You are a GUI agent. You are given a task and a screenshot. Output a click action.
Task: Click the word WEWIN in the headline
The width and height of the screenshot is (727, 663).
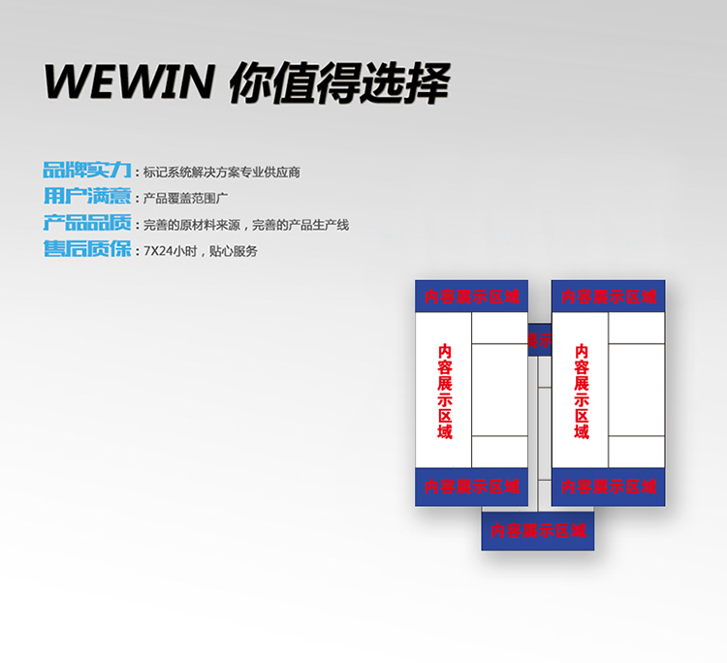[128, 83]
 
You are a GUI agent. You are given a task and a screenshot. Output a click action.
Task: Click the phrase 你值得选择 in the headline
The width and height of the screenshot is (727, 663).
[339, 83]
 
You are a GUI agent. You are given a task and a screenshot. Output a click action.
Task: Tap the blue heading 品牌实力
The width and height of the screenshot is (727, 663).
[86, 171]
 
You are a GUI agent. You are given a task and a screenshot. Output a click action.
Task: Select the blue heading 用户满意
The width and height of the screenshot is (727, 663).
[86, 197]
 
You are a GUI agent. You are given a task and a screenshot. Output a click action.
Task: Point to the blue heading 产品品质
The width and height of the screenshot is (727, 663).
[86, 223]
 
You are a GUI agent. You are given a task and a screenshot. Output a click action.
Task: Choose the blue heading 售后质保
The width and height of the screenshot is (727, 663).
[86, 249]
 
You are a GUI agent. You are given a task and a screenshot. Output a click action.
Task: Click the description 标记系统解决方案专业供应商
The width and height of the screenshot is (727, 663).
[222, 173]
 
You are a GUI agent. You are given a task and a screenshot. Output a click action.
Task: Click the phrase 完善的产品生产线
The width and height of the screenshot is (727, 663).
[300, 225]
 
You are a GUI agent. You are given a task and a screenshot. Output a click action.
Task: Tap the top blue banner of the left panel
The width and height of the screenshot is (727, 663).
[472, 297]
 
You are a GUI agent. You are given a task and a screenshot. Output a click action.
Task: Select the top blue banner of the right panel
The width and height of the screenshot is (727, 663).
[609, 297]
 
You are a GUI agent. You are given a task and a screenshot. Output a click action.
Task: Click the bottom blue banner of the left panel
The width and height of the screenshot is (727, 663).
[472, 486]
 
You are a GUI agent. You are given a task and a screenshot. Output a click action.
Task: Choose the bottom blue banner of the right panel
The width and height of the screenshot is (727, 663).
[609, 486]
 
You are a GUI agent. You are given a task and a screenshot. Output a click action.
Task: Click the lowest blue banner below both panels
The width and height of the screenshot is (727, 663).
[538, 531]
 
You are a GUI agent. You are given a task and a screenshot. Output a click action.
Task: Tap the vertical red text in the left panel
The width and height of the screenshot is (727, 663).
[445, 391]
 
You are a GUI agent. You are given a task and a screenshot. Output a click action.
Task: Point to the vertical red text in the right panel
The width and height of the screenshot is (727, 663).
[582, 391]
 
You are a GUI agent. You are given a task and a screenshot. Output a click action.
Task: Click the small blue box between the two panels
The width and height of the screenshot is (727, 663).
[539, 339]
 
